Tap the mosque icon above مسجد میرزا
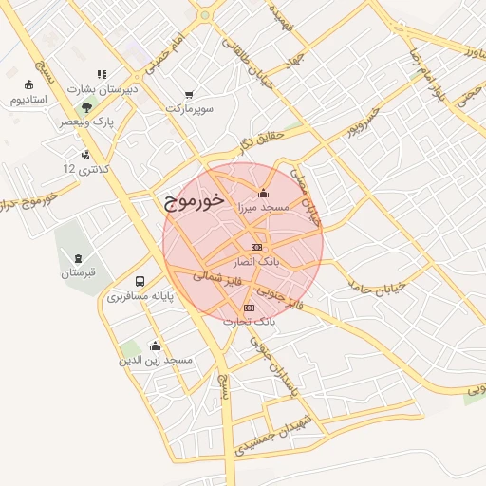pos(263,195)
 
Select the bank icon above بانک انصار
pos(256,247)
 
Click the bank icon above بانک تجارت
pos(250,308)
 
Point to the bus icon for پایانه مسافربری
pos(140,282)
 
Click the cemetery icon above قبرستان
pos(78,257)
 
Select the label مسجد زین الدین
pos(156,361)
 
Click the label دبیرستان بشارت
pos(104,88)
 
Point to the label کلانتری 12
pos(86,168)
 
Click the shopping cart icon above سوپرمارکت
pos(189,95)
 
